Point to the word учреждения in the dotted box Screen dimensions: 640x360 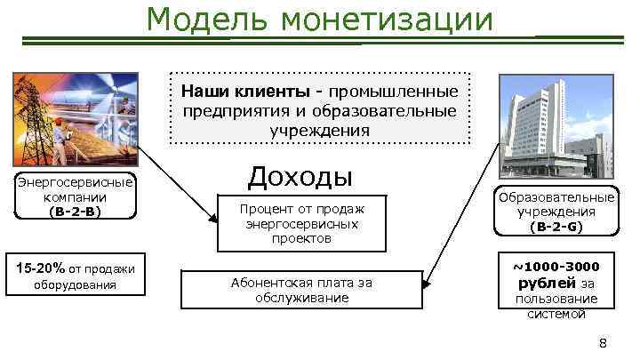pyautogui.click(x=319, y=131)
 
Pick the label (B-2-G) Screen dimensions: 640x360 pyautogui.click(x=556, y=227)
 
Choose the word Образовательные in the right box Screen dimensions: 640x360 pyautogui.click(x=556, y=197)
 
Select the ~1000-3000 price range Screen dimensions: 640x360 pyautogui.click(x=556, y=266)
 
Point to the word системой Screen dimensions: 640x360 pyautogui.click(x=556, y=314)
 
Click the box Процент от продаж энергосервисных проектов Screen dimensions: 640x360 pyautogui.click(x=301, y=222)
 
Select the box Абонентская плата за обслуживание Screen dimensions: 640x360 pyautogui.click(x=301, y=289)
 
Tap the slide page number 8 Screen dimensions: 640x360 pyautogui.click(x=603, y=344)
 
